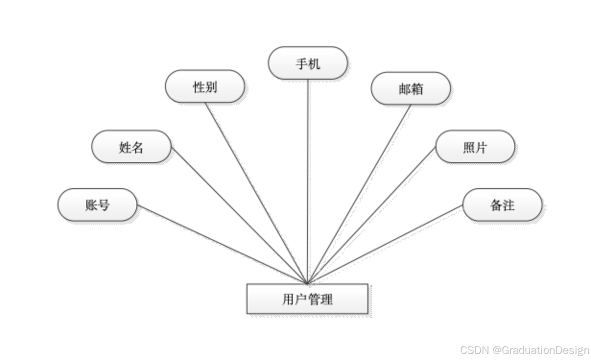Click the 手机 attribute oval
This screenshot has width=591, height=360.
coord(307,63)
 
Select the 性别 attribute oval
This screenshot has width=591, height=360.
coord(205,87)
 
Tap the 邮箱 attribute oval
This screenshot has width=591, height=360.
coord(410,89)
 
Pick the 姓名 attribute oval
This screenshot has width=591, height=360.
coord(131,147)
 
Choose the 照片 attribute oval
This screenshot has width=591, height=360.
coord(475,147)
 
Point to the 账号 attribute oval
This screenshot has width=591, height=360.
coord(97,204)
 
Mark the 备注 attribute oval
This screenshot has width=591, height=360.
coord(502,205)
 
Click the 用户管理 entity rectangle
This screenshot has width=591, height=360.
coord(307,299)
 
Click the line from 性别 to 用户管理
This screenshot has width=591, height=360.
coord(257,192)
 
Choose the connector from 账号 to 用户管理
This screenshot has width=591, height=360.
coord(222,244)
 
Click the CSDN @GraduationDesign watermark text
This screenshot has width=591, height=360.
coord(524,349)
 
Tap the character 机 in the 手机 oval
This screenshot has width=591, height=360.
coord(314,64)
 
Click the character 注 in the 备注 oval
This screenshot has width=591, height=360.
coord(508,205)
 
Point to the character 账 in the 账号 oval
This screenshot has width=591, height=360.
coord(91,205)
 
